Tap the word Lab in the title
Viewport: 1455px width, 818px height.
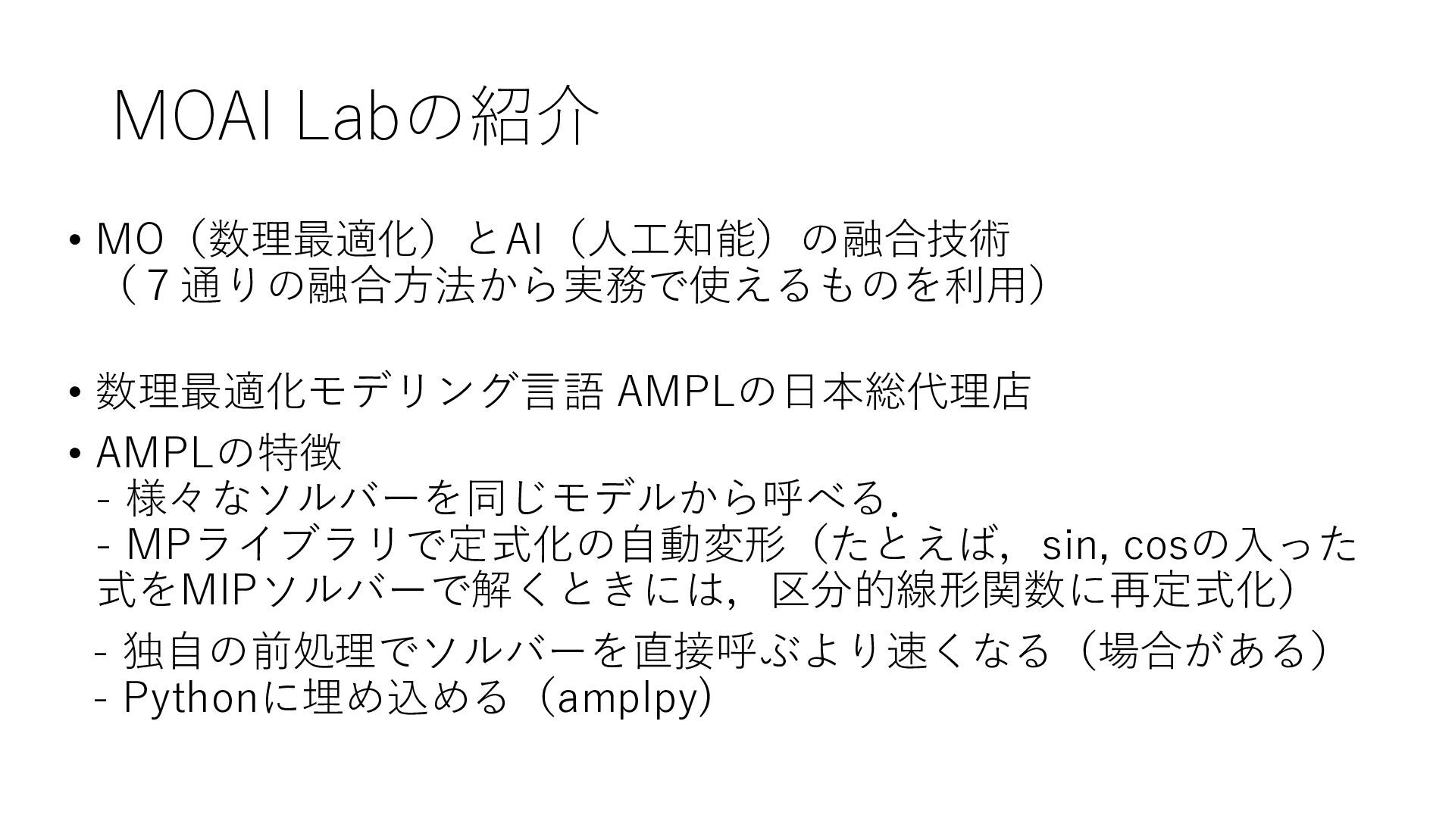pos(346,117)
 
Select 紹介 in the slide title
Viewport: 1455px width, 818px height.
pos(535,117)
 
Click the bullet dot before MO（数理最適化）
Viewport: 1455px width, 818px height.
pos(74,241)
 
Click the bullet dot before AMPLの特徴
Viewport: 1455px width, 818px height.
pos(74,454)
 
